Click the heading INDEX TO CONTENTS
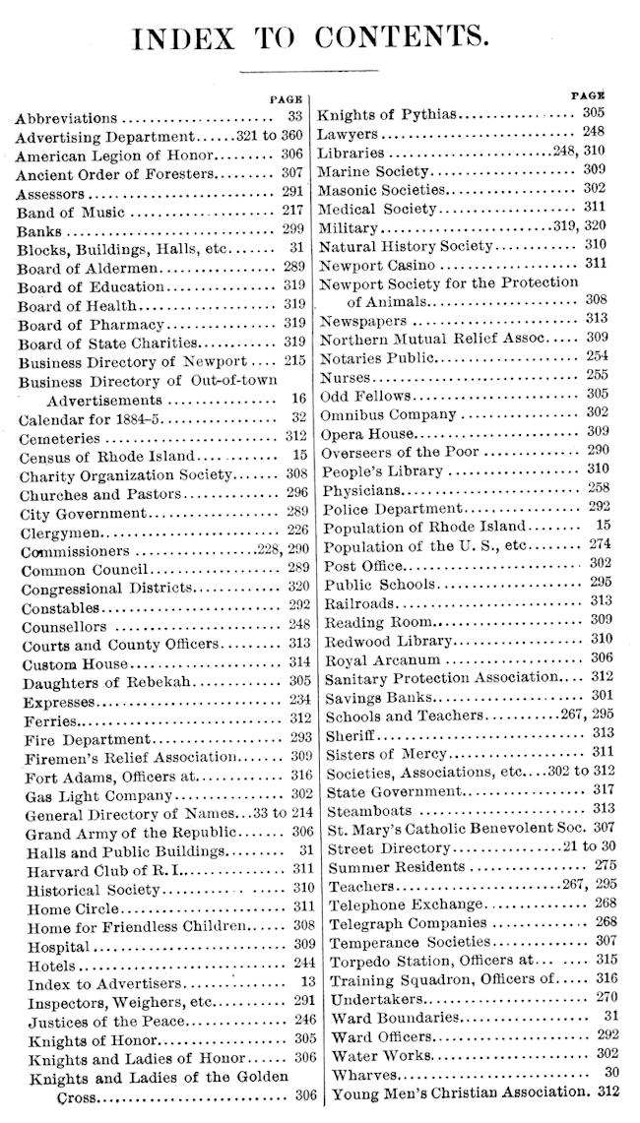coord(310,36)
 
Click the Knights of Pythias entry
coord(388,115)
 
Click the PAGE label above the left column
coord(286,99)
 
